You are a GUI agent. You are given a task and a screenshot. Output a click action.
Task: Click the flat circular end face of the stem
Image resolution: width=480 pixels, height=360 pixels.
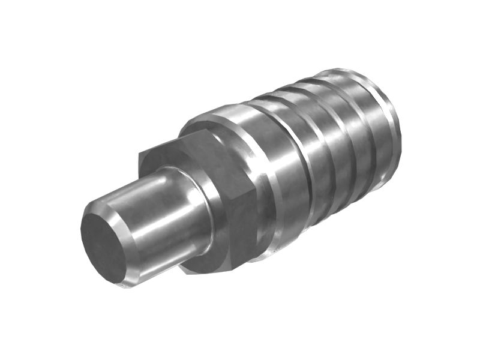click(103, 245)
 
